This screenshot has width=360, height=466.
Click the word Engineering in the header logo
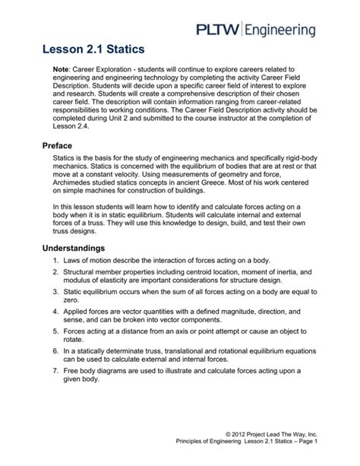pyautogui.click(x=289, y=30)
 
